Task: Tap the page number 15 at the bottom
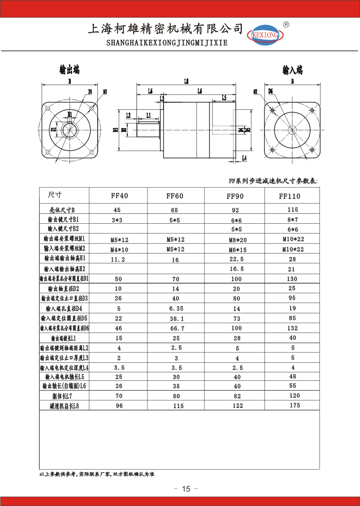pyautogui.click(x=187, y=489)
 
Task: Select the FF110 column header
pyautogui.click(x=289, y=196)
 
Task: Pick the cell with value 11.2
pyautogui.click(x=118, y=260)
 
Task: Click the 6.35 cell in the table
pyautogui.click(x=176, y=308)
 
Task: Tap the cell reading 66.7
pyautogui.click(x=176, y=328)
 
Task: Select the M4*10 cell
pyautogui.click(x=119, y=249)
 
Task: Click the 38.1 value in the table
pyautogui.click(x=176, y=318)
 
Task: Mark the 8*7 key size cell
pyautogui.click(x=293, y=220)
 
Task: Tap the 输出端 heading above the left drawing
pyautogui.click(x=69, y=70)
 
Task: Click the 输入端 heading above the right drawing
pyautogui.click(x=292, y=70)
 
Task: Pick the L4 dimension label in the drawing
pyautogui.click(x=244, y=158)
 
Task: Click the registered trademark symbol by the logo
pyautogui.click(x=286, y=24)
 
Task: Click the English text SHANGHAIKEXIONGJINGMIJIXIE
pyautogui.click(x=167, y=43)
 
